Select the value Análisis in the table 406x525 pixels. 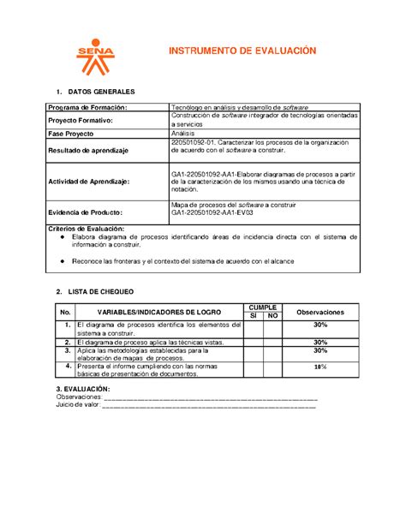click(x=186, y=135)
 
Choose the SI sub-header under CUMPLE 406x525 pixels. click(x=254, y=316)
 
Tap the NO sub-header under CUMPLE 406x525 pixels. click(x=273, y=316)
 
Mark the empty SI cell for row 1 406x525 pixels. click(x=254, y=330)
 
